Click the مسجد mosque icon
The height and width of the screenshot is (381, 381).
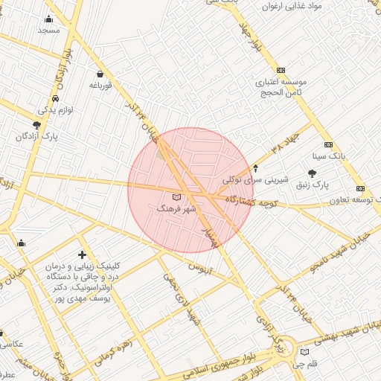pyautogui.click(x=49, y=19)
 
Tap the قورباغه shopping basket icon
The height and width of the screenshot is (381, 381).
pyautogui.click(x=100, y=74)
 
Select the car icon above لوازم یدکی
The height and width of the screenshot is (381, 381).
pyautogui.click(x=56, y=99)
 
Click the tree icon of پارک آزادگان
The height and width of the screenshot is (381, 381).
pyautogui.click(x=37, y=125)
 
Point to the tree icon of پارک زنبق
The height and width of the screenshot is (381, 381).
pyautogui.click(x=321, y=173)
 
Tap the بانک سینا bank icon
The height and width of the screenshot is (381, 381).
pyautogui.click(x=328, y=145)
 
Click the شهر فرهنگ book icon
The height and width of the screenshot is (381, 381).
pyautogui.click(x=176, y=197)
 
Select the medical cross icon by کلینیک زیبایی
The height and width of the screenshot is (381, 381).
pyautogui.click(x=82, y=255)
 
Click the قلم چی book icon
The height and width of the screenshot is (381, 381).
pyautogui.click(x=303, y=352)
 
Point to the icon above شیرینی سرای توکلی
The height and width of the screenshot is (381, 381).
pyautogui.click(x=256, y=167)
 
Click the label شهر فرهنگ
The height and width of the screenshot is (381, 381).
pyautogui.click(x=176, y=210)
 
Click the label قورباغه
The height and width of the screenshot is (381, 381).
pyautogui.click(x=100, y=86)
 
